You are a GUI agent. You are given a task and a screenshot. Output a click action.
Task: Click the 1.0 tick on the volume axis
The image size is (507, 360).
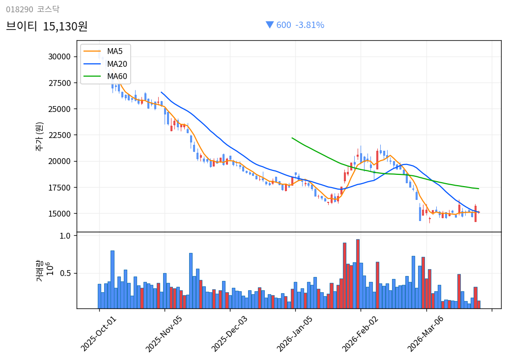click(x=65, y=236)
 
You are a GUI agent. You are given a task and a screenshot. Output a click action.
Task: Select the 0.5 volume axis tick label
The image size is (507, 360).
click(x=65, y=273)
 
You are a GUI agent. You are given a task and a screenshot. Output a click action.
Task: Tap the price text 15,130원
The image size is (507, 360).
click(x=65, y=27)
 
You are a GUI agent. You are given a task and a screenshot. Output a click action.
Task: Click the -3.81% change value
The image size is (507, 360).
click(x=310, y=25)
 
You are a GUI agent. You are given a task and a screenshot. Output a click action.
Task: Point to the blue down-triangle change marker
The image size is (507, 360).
click(x=269, y=25)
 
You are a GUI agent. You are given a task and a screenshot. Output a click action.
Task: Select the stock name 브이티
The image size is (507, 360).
click(x=22, y=27)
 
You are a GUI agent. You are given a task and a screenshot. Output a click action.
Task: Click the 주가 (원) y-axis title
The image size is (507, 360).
click(x=39, y=136)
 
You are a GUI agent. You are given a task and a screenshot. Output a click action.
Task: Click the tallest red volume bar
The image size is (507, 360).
click(x=358, y=274)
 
